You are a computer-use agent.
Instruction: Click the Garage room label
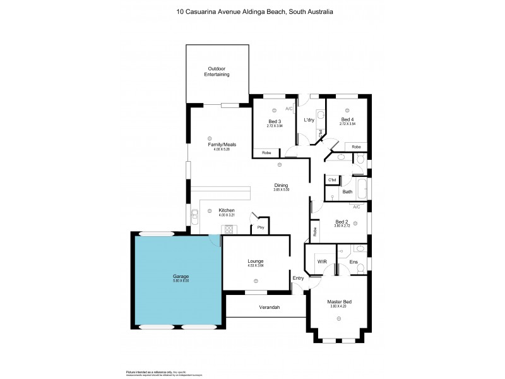pos(181,276)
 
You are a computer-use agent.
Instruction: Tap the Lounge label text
pos(255,261)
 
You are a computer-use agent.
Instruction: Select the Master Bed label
pos(339,301)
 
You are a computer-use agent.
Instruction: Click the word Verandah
pos(269,308)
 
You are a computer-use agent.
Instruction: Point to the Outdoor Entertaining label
pos(217,71)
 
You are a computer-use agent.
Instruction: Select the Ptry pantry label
pos(259,228)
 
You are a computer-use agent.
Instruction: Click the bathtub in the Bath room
pos(361,188)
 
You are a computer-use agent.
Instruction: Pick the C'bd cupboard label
pos(331,180)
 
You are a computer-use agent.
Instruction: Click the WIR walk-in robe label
pos(321,260)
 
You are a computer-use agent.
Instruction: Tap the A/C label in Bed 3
pos(289,109)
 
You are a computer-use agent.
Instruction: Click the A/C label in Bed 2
pos(357,207)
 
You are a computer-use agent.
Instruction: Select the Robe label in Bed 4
pos(357,147)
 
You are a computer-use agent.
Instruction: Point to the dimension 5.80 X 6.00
pos(181,281)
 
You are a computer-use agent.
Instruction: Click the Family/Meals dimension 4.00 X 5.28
pos(218,150)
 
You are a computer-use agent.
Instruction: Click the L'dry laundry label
pos(309,120)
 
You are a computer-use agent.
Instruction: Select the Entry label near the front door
pos(298,278)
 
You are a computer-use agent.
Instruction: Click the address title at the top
pos(252,11)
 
